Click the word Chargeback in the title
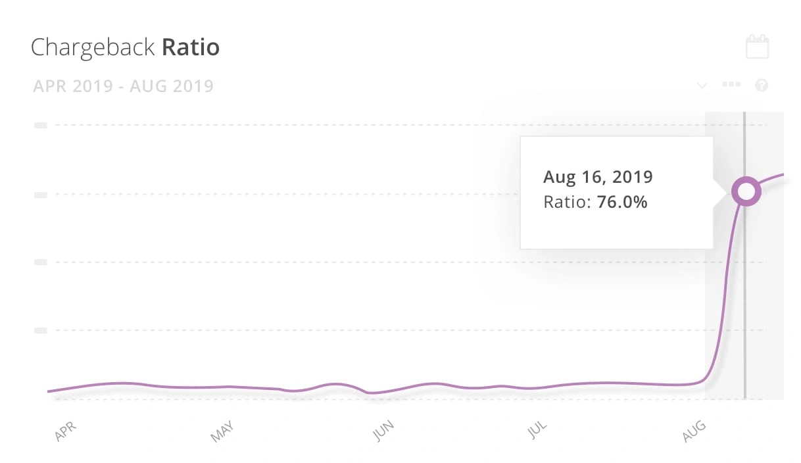[x=93, y=48]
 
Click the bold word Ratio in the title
[x=191, y=47]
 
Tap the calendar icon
[x=757, y=47]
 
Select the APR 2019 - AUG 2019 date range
[x=123, y=86]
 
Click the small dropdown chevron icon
[x=702, y=85]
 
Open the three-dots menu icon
[x=731, y=85]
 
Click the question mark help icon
[x=762, y=85]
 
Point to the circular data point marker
[x=746, y=191]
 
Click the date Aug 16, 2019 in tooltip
[x=597, y=177]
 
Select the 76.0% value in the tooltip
[x=621, y=203]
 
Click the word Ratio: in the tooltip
[x=568, y=203]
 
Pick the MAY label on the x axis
[x=222, y=431]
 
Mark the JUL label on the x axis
[x=538, y=431]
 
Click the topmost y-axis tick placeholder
[x=40, y=125]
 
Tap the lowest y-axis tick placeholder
[x=40, y=330]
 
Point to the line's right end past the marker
[x=781, y=175]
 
